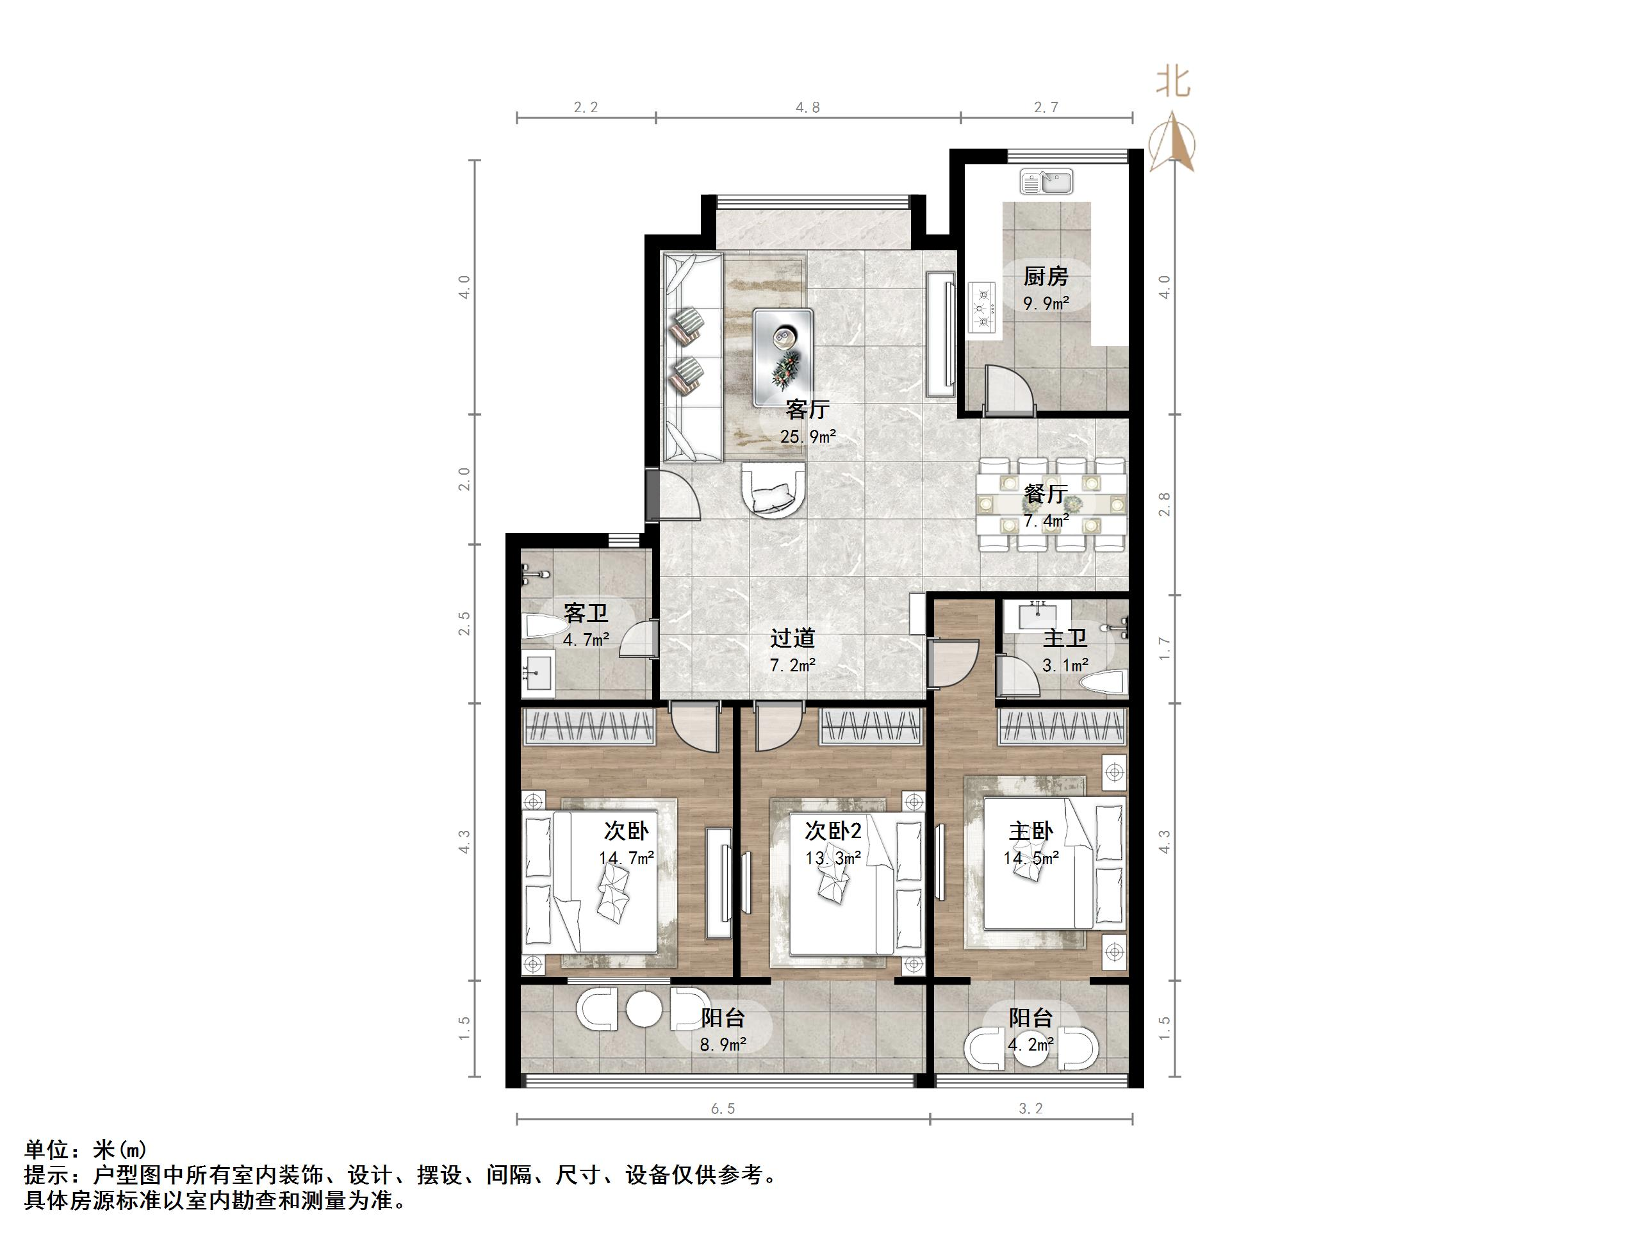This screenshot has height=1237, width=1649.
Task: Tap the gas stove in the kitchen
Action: pos(983,307)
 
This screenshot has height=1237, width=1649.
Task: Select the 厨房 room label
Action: pos(1046,277)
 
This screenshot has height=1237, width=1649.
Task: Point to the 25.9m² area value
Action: pos(808,436)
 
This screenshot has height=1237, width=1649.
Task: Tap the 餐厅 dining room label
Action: pos(1046,494)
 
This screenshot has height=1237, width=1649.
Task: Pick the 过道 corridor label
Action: pos(792,638)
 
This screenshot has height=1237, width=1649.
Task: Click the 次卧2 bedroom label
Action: pos(833,831)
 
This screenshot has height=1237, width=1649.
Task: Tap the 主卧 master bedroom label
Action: pos(1031,831)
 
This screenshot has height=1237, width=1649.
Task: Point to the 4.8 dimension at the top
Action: pos(807,108)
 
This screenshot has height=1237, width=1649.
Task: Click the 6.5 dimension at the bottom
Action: pos(723,1109)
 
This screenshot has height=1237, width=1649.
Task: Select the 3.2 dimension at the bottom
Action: pos(1031,1109)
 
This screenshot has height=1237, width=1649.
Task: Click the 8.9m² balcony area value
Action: pos(723,1045)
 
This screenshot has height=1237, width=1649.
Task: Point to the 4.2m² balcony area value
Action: pos(1031,1045)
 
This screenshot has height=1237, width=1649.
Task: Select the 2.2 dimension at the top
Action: pos(586,108)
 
